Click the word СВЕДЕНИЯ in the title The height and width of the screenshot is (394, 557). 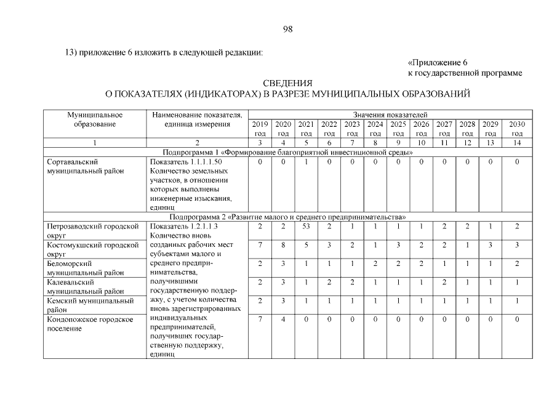[287, 83]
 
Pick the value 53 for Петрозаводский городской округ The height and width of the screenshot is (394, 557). [306, 227]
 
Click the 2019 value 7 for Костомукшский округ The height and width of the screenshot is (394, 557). [260, 245]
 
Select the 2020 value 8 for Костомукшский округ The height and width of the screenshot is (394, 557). [283, 245]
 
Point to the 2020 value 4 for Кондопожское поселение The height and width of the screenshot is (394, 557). [283, 320]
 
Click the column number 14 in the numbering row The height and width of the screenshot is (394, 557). [517, 142]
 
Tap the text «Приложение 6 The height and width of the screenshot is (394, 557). [438, 63]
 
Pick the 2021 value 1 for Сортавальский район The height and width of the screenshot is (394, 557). [306, 161]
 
